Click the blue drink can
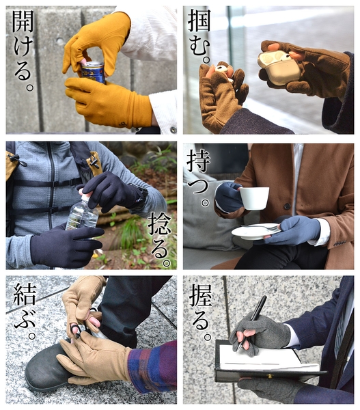[93, 72]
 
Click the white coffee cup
[253, 198]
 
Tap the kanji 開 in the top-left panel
[23, 21]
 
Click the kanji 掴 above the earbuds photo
[199, 20]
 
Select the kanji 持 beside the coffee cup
[198, 161]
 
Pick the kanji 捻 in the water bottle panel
[160, 224]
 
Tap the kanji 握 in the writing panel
[200, 295]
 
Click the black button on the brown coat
[288, 206]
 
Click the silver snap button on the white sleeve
[173, 130]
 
